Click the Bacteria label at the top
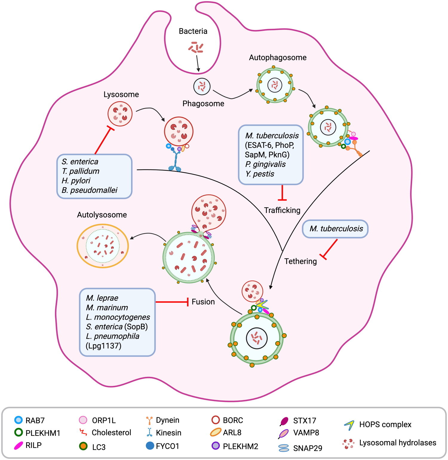pos(193,31)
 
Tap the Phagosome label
pos(203,103)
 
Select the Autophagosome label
pos(277,57)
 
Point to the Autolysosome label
pos(102,215)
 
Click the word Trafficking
pos(282,210)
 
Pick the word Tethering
pos(300,261)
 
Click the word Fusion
pos(203,302)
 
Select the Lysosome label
pos(121,95)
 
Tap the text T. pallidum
pos(80,171)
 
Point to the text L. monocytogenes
pos(118,317)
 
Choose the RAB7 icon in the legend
pos(19,420)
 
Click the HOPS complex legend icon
pos(349,425)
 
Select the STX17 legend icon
pos(284,421)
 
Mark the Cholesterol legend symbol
pos(83,432)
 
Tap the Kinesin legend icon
pos(149,432)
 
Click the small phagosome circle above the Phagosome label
pos(202,86)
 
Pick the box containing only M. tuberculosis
pos(335,229)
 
